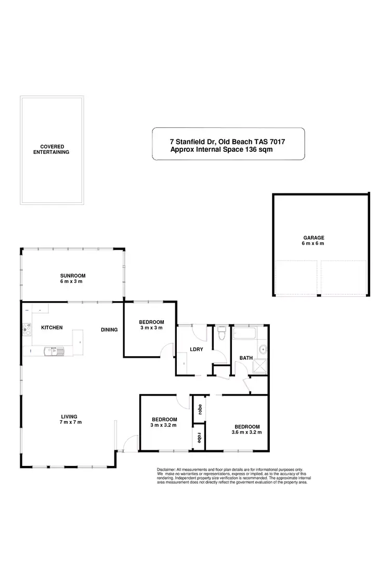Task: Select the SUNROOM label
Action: point(72,276)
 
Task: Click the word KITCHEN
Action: point(51,328)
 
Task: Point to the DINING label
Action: point(109,330)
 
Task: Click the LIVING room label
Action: point(69,417)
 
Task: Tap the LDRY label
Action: point(196,349)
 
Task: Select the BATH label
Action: point(245,358)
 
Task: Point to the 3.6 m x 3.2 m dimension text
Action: point(246,432)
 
